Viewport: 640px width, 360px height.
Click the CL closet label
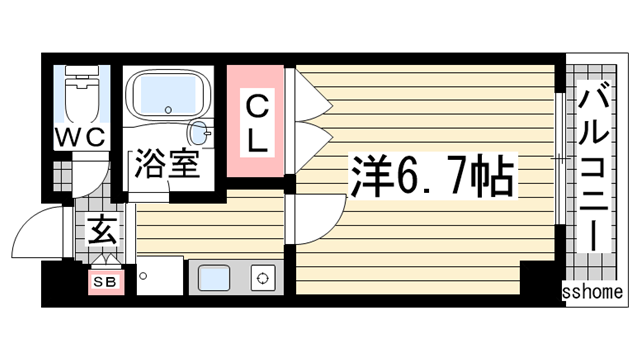click(x=257, y=122)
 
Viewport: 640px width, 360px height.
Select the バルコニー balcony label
click(x=592, y=170)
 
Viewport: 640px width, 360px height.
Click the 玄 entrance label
click(x=101, y=231)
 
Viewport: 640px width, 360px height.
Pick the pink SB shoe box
click(x=107, y=282)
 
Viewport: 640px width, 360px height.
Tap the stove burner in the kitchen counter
click(x=263, y=278)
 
